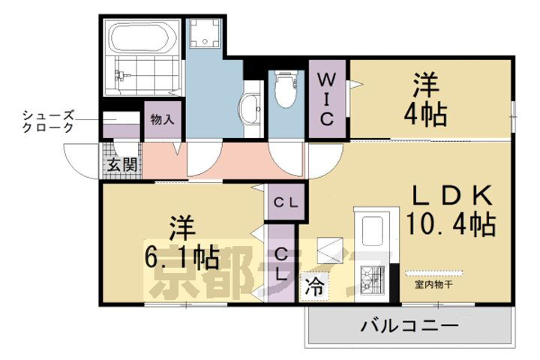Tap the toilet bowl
tap(285, 90)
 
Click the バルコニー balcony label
tap(409, 326)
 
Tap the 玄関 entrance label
tap(120, 165)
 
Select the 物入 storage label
tap(161, 119)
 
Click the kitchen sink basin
tap(372, 229)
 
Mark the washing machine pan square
tap(203, 33)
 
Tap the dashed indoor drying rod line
tap(435, 271)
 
